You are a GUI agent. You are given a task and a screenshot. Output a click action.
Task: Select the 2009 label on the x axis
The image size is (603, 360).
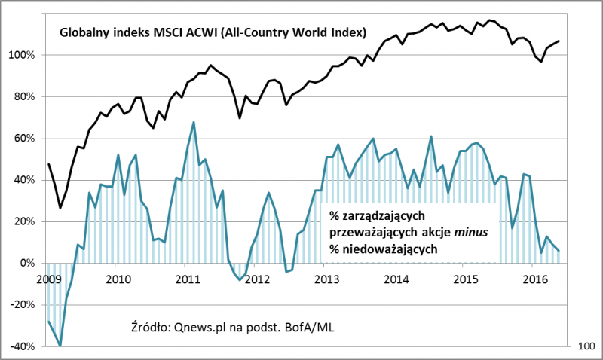(x=47, y=279)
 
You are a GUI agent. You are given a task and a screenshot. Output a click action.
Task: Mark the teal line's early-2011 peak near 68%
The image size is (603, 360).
(x=194, y=122)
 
